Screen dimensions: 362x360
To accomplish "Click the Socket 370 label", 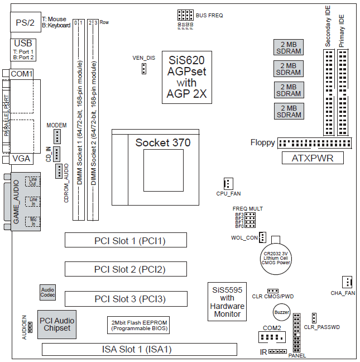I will pos(162,143).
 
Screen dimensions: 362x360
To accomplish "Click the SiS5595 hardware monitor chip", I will pos(227,302).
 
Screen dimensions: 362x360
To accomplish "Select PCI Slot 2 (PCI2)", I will pos(126,269).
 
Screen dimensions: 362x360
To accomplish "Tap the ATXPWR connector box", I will pos(313,158).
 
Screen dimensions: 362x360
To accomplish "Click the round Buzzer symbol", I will pos(282,313).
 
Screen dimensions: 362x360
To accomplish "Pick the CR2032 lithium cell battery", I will pos(278,255).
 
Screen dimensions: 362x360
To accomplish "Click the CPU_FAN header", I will pos(227,183).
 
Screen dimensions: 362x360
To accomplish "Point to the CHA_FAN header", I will pos(347,283).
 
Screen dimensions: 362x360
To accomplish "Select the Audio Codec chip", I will pos(47,292).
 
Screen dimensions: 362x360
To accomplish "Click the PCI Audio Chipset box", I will pos(56,325).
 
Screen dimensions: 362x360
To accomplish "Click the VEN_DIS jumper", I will pos(143,68).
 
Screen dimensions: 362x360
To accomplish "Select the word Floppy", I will pos(262,142).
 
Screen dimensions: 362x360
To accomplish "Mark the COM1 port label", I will pos(22,74).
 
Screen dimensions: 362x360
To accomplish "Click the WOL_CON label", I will pos(244,238).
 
